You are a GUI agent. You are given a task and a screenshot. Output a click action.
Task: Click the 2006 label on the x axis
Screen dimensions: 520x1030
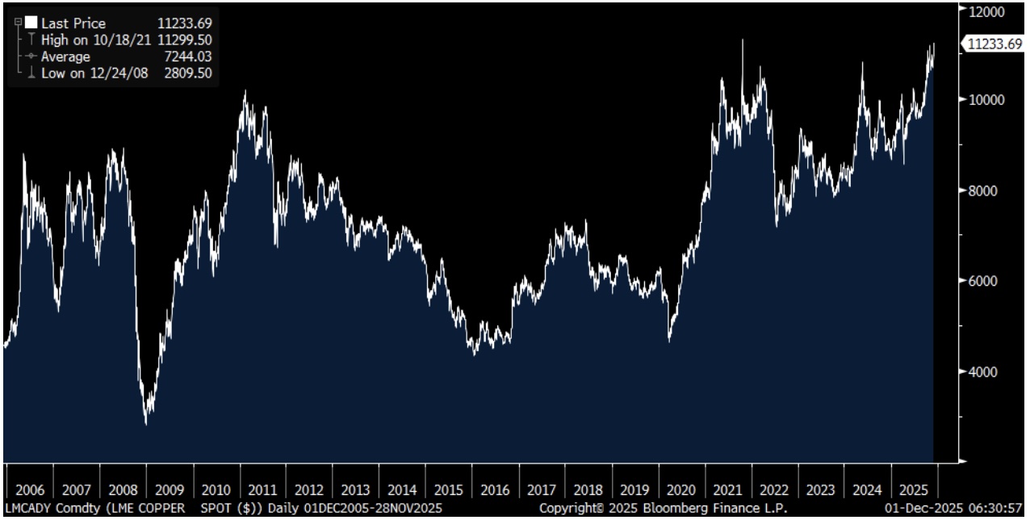coord(29,490)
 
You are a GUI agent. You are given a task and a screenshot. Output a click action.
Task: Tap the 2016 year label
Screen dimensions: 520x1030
coord(495,490)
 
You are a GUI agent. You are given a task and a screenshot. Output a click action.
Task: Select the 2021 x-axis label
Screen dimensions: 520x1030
coord(727,490)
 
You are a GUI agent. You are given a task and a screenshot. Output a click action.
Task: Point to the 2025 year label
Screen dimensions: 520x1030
coord(914,490)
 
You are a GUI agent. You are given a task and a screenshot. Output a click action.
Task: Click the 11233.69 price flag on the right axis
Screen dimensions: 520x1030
coord(994,45)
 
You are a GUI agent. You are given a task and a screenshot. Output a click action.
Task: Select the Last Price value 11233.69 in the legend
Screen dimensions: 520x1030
coord(184,24)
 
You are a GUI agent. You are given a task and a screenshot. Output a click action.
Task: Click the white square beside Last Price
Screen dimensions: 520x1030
coord(31,23)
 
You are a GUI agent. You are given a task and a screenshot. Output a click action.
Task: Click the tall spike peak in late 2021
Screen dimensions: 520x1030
coord(743,40)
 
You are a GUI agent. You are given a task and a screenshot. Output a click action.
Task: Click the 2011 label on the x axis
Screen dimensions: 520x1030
coord(262,490)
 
